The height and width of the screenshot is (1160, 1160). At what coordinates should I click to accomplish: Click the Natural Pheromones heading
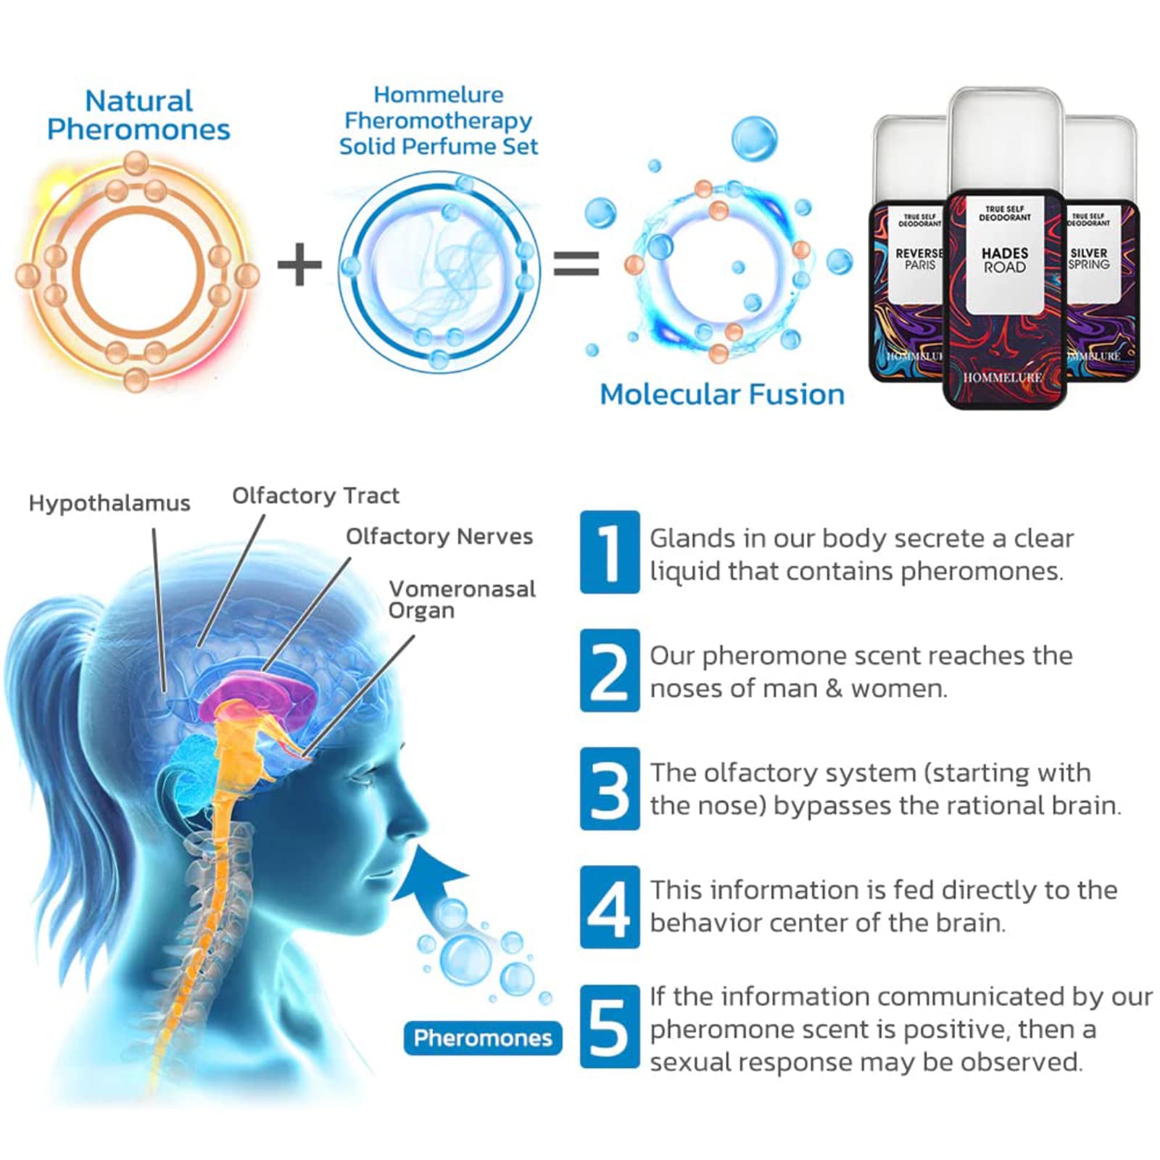tap(138, 115)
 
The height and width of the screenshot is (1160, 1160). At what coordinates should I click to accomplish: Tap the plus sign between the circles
tap(299, 264)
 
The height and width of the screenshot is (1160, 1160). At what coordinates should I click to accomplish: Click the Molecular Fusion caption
tap(722, 394)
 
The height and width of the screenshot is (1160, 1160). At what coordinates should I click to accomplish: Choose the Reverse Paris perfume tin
tap(908, 290)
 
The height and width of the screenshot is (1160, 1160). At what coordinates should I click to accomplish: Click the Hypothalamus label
tap(109, 503)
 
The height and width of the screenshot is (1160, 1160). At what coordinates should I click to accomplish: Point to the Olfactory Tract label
tap(315, 496)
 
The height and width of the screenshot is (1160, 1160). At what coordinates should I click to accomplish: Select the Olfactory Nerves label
tap(439, 536)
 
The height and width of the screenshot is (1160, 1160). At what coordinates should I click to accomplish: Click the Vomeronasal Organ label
tap(462, 600)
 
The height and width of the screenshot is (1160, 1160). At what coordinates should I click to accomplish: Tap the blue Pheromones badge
tap(483, 1038)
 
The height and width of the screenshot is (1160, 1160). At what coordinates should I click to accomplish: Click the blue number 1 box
tap(610, 552)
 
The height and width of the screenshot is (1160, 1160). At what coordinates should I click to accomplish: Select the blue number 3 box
tap(610, 788)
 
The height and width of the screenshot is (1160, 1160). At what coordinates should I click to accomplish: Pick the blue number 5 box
tap(610, 1027)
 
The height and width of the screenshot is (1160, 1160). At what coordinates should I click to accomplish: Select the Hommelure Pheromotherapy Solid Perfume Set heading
tap(439, 120)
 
